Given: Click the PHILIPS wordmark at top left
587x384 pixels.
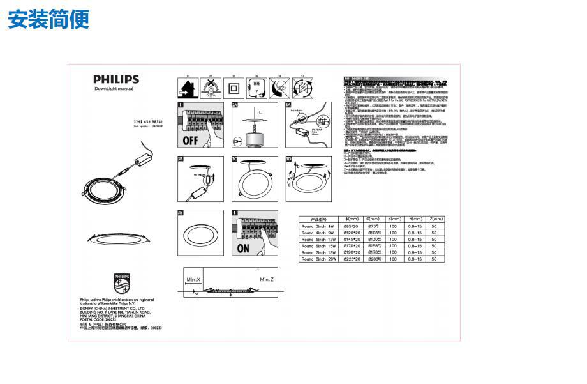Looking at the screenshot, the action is coord(115,79).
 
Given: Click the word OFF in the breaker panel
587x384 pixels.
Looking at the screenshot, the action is coord(190,139).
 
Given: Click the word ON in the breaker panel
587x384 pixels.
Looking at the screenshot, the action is coord(243,249).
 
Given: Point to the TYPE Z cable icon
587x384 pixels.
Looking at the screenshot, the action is coord(255,88).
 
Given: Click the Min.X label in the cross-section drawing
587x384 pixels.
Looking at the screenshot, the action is coord(193,280).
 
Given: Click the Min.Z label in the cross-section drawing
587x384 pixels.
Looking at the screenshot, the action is coord(267,280).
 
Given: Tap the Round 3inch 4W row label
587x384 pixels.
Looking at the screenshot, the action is coord(318,226).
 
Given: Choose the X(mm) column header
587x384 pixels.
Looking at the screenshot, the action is coord(394,219).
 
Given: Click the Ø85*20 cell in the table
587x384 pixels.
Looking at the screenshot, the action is coord(352,226).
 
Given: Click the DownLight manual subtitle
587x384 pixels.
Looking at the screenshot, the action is coord(114,89).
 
